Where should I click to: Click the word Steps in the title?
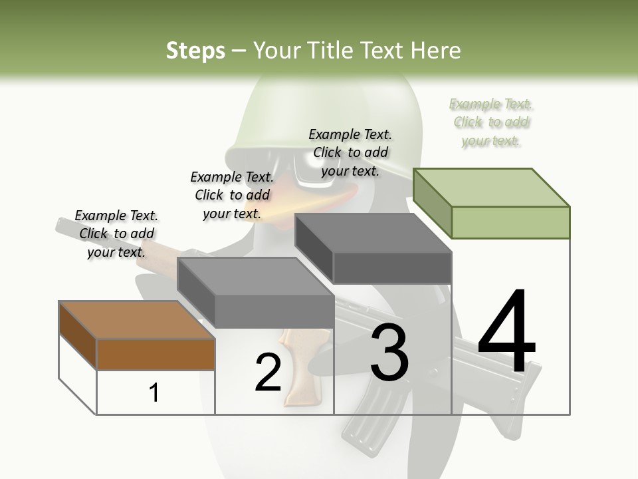pos(195,51)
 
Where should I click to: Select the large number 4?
pos(506,333)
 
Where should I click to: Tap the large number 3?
pos(389,353)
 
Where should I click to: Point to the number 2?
pos(268,373)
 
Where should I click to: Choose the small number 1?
pos(154,393)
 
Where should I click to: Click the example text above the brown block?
pos(116,234)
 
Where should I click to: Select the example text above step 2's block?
pos(232,195)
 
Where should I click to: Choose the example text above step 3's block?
pos(350,152)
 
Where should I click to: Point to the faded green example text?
pos(491,122)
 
